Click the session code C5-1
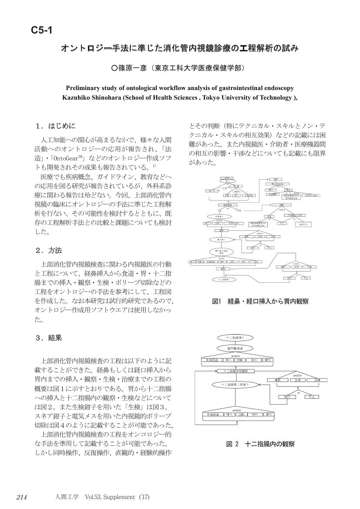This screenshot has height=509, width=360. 42,30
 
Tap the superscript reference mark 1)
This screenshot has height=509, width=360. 154,165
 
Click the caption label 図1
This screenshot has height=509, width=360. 217,301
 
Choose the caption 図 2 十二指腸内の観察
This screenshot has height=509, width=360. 260,444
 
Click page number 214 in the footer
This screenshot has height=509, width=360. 22,497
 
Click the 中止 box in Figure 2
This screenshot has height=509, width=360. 311,397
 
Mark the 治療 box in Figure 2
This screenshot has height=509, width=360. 317,380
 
